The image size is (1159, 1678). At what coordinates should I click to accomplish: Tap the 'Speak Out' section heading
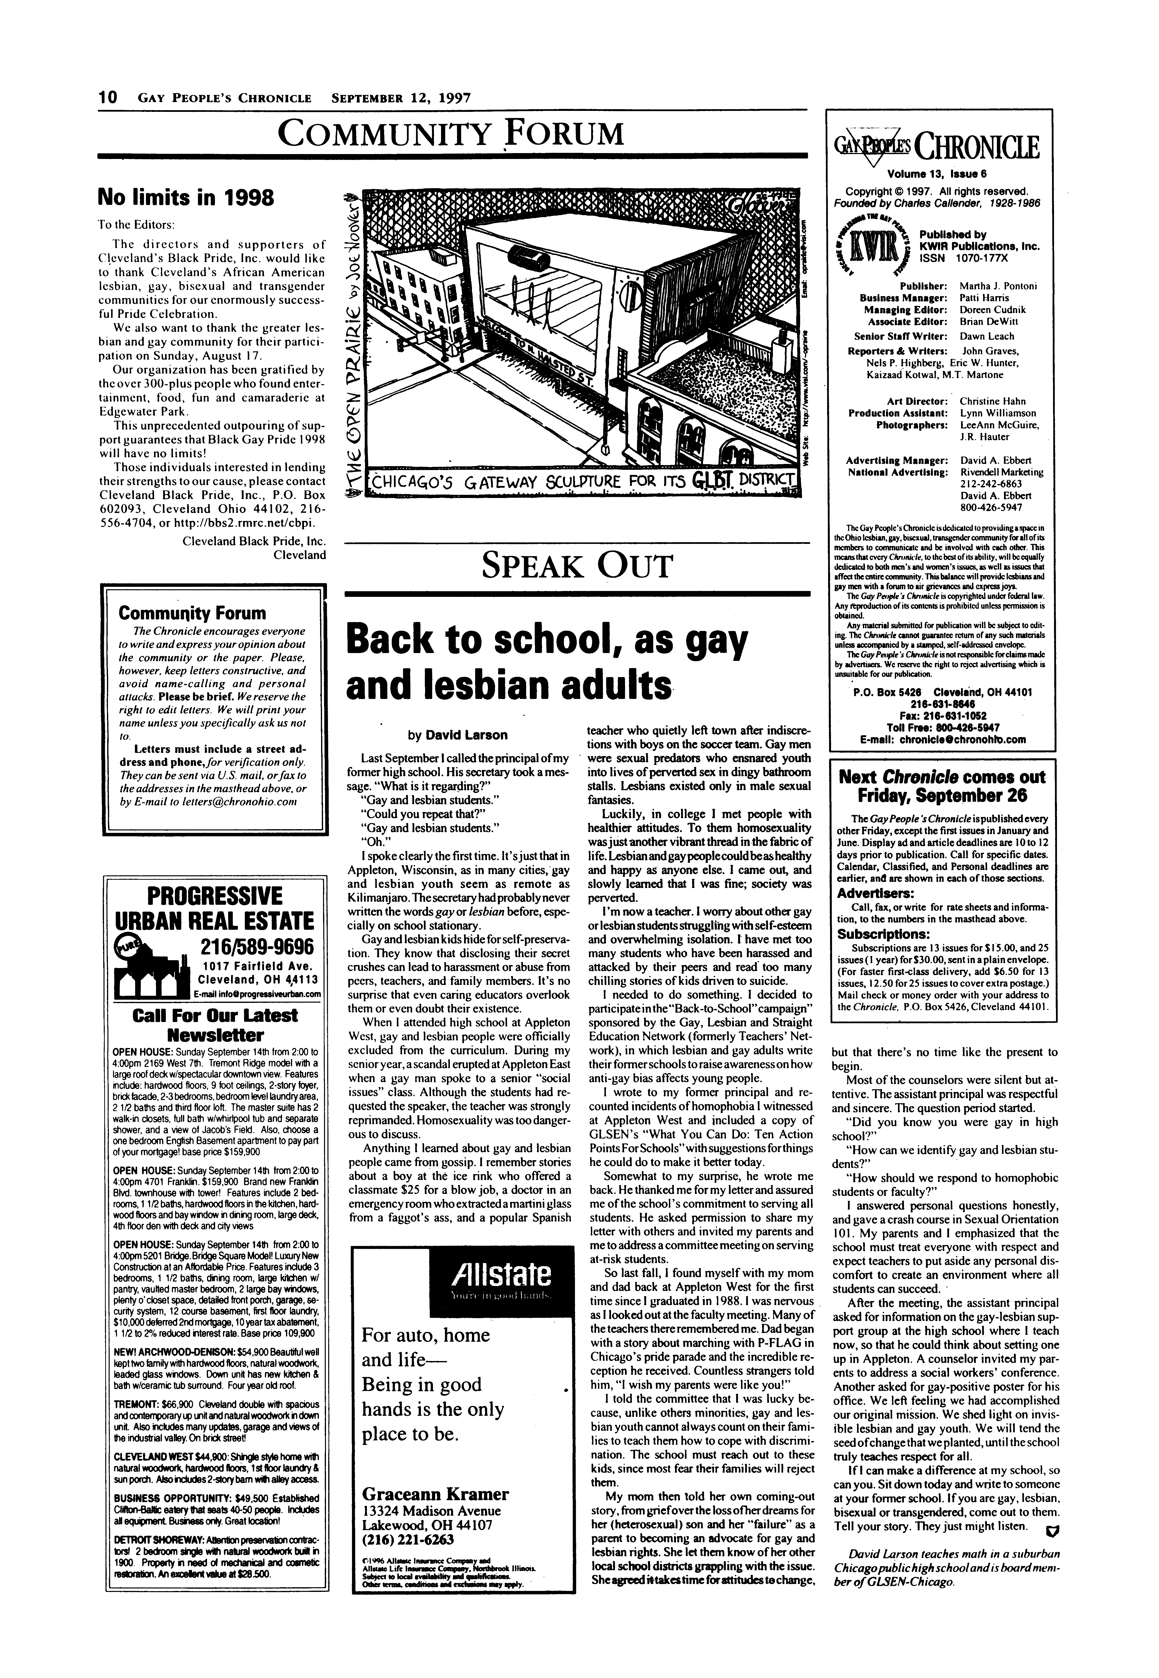tap(577, 566)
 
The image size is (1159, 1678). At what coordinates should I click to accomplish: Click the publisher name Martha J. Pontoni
tap(999, 285)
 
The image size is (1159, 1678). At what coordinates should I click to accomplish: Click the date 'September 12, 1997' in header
tap(401, 98)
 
